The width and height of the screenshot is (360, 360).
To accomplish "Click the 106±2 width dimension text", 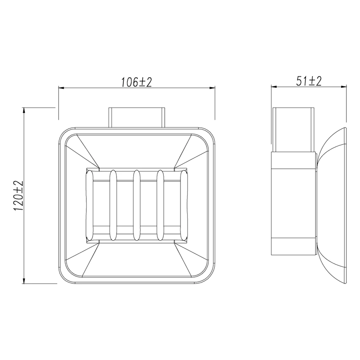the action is pyautogui.click(x=136, y=82).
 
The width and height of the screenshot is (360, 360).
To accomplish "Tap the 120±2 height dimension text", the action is pyautogui.click(x=18, y=196).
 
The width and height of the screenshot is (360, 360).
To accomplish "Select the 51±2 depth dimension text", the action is pyautogui.click(x=309, y=81).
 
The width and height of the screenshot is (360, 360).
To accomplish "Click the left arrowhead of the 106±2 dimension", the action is pyautogui.click(x=61, y=88).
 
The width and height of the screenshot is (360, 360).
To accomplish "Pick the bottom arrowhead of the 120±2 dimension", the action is pyautogui.click(x=24, y=280).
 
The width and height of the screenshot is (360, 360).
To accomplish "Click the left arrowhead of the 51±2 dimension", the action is pyautogui.click(x=274, y=86).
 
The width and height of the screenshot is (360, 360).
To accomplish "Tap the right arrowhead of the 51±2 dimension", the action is pyautogui.click(x=344, y=86).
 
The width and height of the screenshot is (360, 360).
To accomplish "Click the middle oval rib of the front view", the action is pyautogui.click(x=136, y=205).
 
